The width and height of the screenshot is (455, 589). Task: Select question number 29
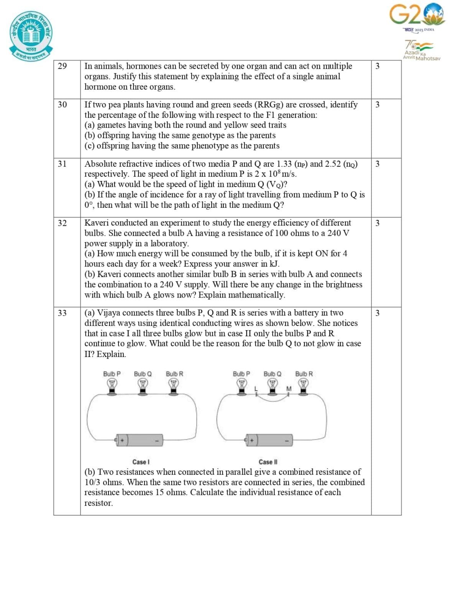pyautogui.click(x=62, y=66)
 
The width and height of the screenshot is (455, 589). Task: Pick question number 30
pyautogui.click(x=62, y=105)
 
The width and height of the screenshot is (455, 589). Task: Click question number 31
pyautogui.click(x=62, y=164)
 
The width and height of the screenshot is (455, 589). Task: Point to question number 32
pyautogui.click(x=62, y=223)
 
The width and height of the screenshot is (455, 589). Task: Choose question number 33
pyautogui.click(x=62, y=313)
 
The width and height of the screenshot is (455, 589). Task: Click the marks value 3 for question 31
pyautogui.click(x=378, y=164)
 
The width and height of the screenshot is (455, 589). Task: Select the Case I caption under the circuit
pyautogui.click(x=141, y=462)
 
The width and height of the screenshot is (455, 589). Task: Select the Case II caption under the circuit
pyautogui.click(x=268, y=462)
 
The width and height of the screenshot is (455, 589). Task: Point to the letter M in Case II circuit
pyautogui.click(x=289, y=388)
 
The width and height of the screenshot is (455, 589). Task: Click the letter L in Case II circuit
pyautogui.click(x=256, y=388)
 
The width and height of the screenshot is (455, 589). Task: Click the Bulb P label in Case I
pyautogui.click(x=112, y=374)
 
